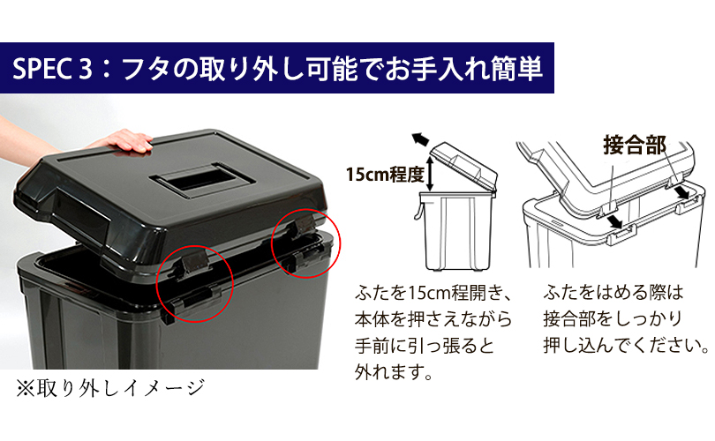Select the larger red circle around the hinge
point(195,283)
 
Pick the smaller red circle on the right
point(306,243)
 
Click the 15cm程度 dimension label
point(385,174)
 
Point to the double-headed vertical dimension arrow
point(430,173)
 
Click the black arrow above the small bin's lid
point(419,138)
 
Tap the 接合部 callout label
point(635,145)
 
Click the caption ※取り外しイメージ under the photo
point(110,389)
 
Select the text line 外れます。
point(393,373)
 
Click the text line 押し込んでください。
point(626,346)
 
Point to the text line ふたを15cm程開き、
point(433,293)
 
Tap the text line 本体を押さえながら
point(433,319)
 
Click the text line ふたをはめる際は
point(613,293)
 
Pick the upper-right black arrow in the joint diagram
point(682,191)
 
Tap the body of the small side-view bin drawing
point(456,230)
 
